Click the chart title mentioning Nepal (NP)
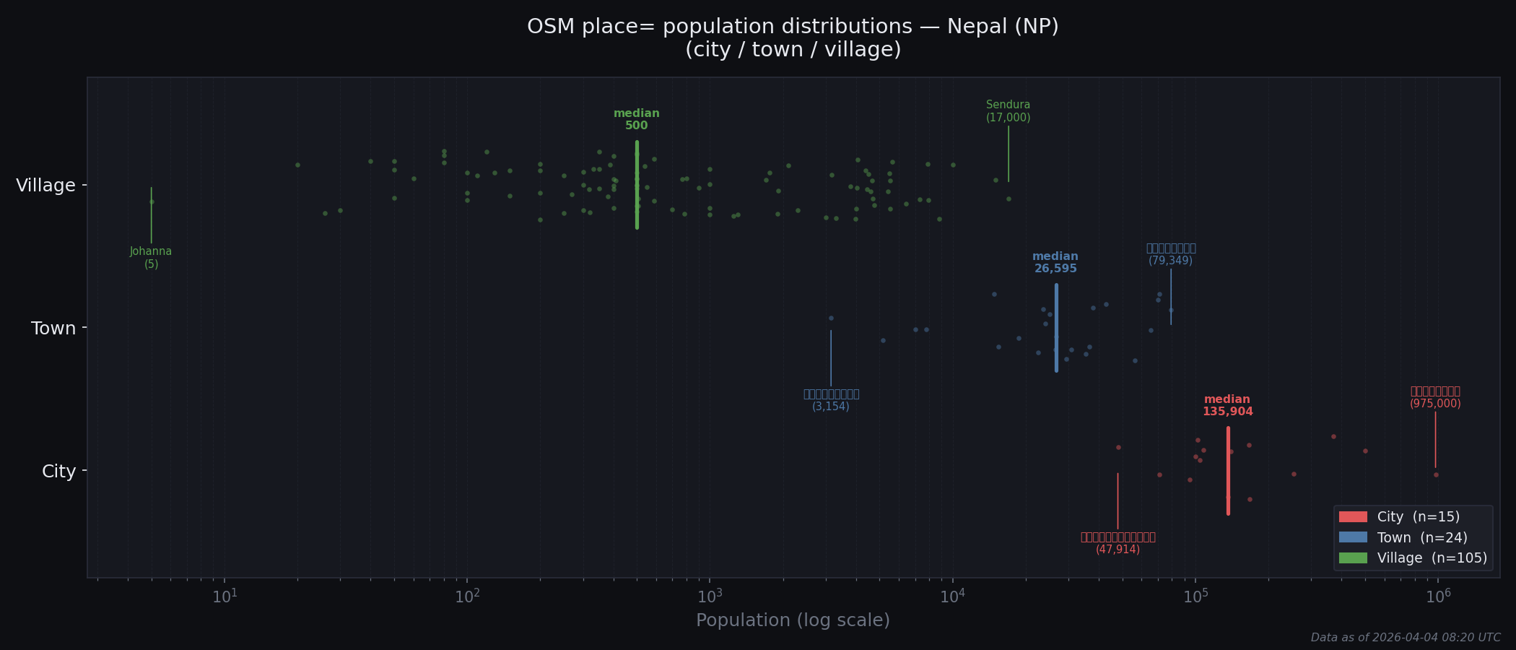(793, 38)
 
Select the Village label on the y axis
(45, 186)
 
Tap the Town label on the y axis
(53, 329)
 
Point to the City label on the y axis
(58, 472)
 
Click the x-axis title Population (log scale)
(793, 620)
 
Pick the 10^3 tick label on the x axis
(710, 597)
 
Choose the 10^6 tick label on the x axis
(1438, 597)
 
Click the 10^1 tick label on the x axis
(224, 597)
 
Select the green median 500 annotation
(636, 119)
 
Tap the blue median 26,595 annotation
(1055, 262)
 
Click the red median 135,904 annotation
(1227, 405)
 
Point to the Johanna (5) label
(151, 258)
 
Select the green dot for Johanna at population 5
(152, 201)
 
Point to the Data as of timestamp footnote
(1405, 638)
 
